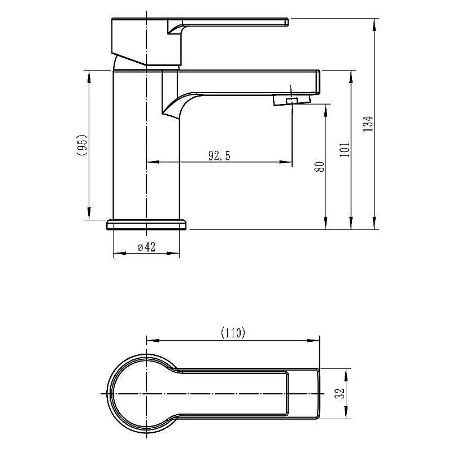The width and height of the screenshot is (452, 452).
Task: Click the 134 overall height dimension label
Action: (x=368, y=124)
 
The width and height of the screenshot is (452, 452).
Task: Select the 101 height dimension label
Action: (x=345, y=149)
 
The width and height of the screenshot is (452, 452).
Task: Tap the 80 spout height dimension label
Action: (x=319, y=167)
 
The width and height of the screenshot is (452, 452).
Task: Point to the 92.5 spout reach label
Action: (x=219, y=156)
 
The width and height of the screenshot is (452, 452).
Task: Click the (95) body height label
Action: (x=82, y=145)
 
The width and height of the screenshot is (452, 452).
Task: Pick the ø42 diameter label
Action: (x=146, y=247)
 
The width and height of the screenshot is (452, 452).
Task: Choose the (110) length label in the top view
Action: (x=233, y=333)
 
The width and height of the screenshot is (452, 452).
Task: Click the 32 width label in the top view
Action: (x=340, y=393)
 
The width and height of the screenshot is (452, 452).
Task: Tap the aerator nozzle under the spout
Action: (x=292, y=101)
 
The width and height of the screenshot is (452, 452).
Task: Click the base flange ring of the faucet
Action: (x=147, y=225)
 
